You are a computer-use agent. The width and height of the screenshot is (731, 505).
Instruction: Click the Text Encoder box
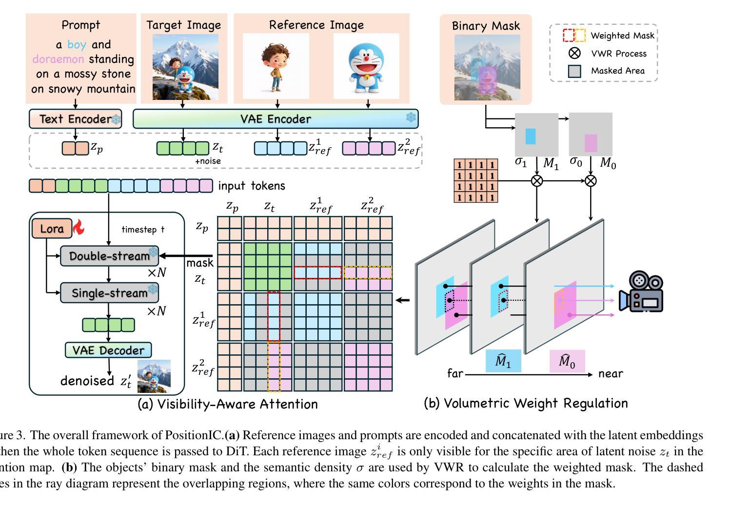75,119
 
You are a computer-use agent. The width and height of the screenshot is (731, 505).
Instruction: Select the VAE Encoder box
276,119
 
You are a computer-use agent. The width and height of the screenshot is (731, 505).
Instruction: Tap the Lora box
52,229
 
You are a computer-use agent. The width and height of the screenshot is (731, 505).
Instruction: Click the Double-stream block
109,256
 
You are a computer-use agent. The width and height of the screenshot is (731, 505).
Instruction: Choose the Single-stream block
109,292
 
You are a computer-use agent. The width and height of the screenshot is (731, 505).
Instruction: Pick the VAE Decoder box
108,350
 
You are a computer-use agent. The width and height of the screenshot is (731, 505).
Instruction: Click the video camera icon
641,292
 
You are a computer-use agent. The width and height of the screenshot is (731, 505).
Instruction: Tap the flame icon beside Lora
79,227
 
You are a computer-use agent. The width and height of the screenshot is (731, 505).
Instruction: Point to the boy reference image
276,66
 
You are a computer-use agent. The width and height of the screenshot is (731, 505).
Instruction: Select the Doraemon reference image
366,66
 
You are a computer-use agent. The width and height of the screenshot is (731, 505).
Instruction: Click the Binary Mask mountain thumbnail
487,67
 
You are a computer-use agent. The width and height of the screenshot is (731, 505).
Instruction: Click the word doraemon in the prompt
58,59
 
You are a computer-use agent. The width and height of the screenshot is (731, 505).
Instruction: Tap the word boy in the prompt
77,45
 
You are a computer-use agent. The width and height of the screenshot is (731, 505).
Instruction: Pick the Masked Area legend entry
575,71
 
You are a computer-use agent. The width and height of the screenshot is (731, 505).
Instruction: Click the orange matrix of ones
475,181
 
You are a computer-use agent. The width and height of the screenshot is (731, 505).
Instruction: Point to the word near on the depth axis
611,374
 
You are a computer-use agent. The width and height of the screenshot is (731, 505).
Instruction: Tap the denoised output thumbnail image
154,376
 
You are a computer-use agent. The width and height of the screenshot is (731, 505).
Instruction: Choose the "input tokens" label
251,186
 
